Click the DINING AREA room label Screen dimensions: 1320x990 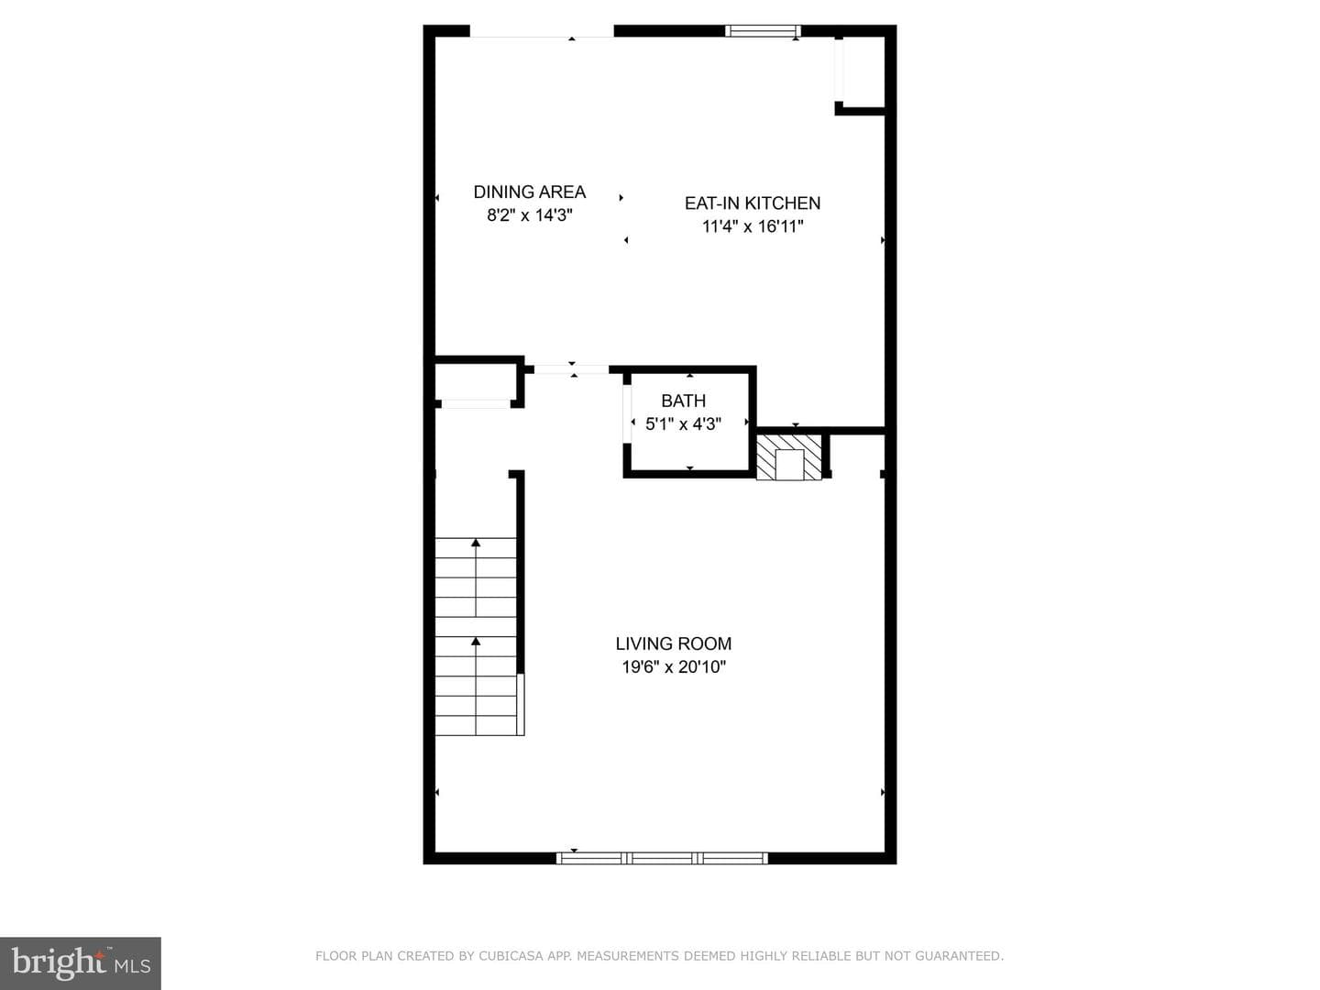[x=529, y=192]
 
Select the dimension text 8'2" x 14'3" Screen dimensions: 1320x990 [x=529, y=215]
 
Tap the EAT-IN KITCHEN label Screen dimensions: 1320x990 [x=753, y=203]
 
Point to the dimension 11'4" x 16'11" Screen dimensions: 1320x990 [x=753, y=226]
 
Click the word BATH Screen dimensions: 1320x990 [x=683, y=401]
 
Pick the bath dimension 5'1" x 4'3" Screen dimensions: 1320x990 [x=683, y=423]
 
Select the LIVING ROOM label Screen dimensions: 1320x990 [x=674, y=643]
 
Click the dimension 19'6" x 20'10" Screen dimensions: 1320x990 [x=674, y=667]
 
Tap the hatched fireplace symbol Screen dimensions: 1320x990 [x=788, y=456]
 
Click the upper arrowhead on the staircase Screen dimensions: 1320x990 [x=476, y=542]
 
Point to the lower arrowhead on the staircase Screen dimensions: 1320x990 [x=476, y=642]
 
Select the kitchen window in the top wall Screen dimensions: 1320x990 [x=763, y=30]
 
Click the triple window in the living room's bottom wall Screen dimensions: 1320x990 [x=662, y=858]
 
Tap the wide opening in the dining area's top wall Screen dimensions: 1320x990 [x=541, y=31]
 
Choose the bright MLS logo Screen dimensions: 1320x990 [x=81, y=962]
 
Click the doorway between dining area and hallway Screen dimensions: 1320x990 [x=571, y=369]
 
